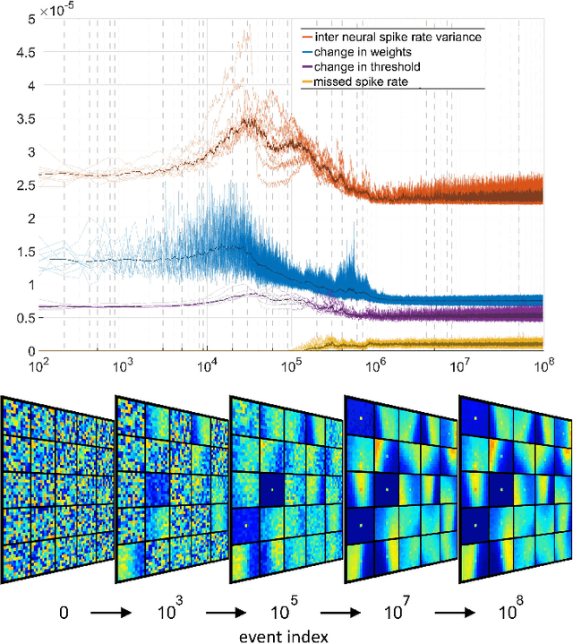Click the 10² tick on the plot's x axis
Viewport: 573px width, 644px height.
click(38, 365)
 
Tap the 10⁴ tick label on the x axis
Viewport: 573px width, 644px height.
click(207, 365)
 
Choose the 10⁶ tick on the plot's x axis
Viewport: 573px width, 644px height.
click(375, 365)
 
